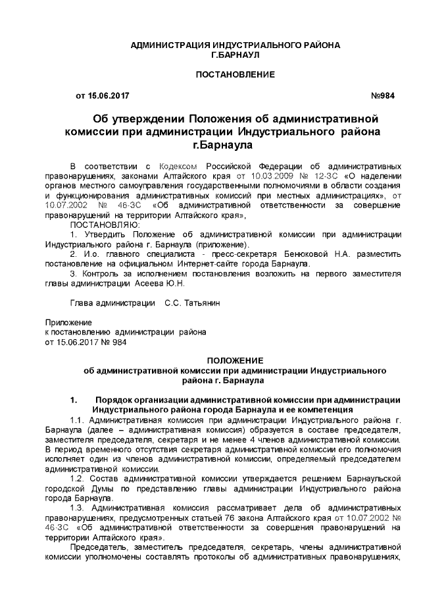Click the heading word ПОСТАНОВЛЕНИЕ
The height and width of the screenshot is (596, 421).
tap(235, 74)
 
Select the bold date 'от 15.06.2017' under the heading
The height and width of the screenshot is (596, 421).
tap(103, 96)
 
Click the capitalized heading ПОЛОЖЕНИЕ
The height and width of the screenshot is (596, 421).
tap(235, 361)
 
